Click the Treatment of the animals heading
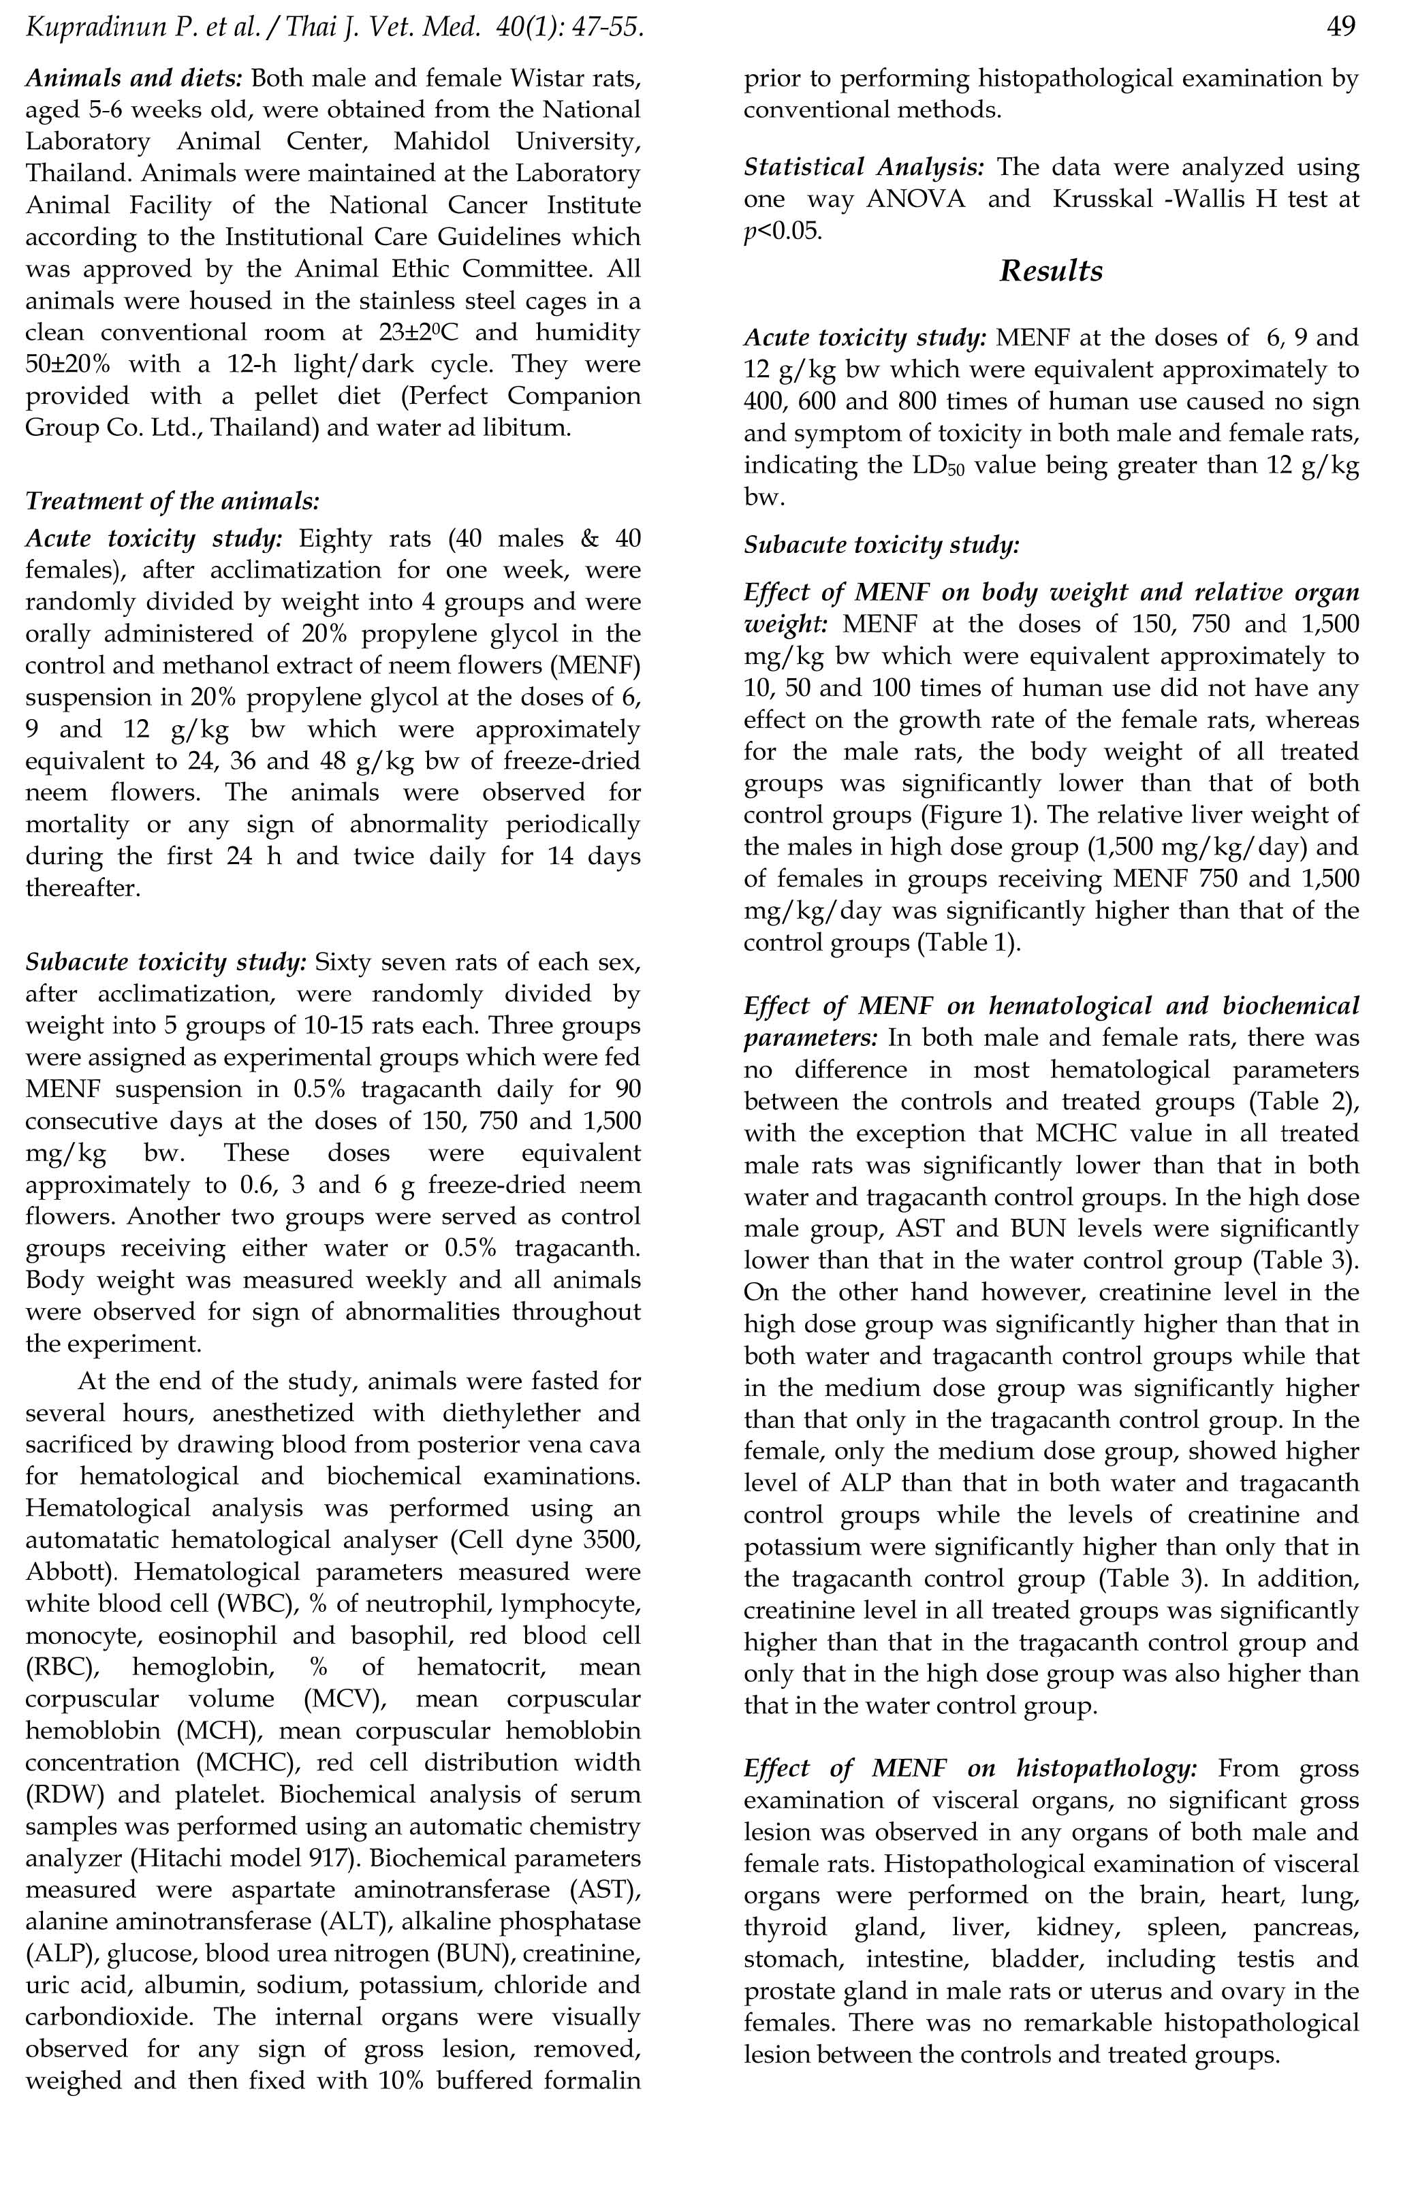(x=172, y=501)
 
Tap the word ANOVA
(x=915, y=199)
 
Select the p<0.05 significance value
(x=783, y=231)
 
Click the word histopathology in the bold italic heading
(x=1105, y=1770)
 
